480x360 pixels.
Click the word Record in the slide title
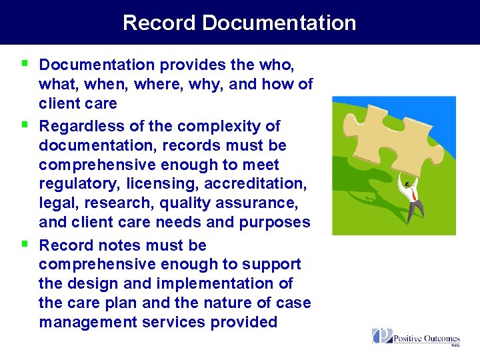(x=159, y=23)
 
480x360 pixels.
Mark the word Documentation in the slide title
(x=279, y=23)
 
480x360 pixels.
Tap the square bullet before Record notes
(x=24, y=243)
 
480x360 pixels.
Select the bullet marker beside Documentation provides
(x=24, y=63)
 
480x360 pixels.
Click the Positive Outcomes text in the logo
(x=427, y=339)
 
